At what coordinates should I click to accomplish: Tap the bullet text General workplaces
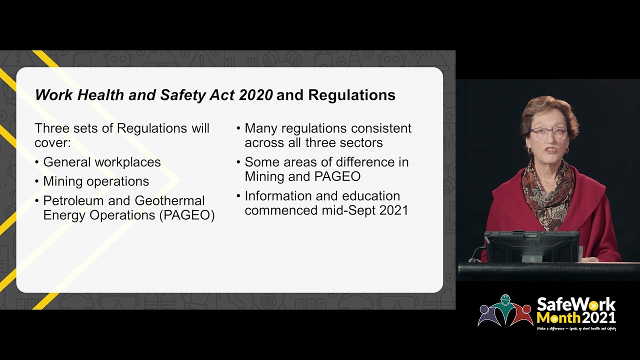pyautogui.click(x=102, y=162)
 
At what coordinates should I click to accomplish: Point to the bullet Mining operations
pyautogui.click(x=96, y=181)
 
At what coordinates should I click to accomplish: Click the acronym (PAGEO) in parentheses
pyautogui.click(x=186, y=215)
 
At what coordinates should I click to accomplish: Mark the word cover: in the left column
pyautogui.click(x=52, y=142)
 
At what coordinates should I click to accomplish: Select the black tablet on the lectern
pyautogui.click(x=531, y=246)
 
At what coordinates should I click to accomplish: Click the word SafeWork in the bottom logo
pyautogui.click(x=576, y=304)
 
